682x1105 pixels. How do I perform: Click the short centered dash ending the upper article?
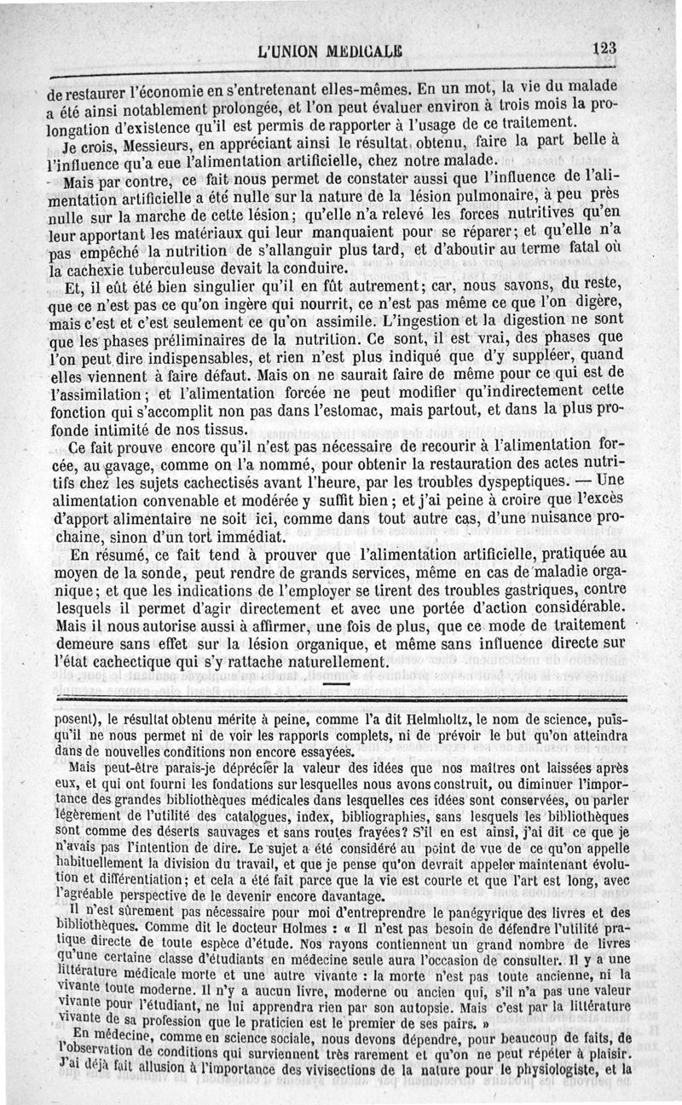coord(338,683)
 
